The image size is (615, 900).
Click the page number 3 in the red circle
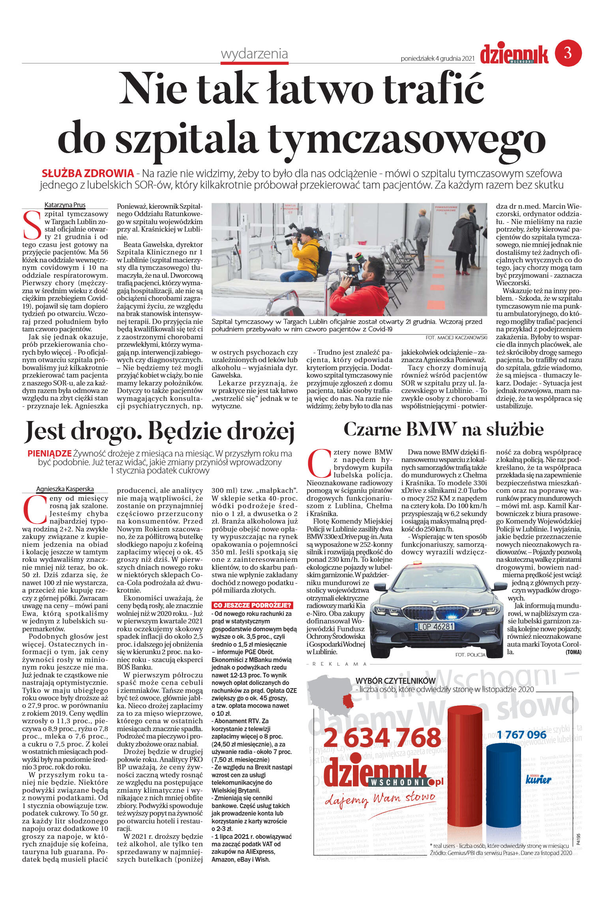[568, 52]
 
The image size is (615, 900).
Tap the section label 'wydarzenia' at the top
[254, 54]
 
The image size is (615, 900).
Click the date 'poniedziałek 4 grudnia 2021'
[437, 59]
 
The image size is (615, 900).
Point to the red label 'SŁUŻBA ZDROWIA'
[88, 173]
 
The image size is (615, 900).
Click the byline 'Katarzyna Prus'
[65, 205]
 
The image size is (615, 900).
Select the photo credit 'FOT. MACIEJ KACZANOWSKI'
[456, 338]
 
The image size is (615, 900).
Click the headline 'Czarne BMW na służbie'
[443, 429]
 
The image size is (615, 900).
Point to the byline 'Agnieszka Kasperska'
[65, 489]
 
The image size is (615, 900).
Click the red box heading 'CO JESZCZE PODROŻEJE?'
[252, 605]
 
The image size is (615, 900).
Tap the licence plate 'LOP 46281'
[436, 627]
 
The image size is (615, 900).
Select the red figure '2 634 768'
[382, 737]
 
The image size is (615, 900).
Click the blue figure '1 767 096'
[521, 735]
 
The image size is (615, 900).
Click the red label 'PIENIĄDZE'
[49, 453]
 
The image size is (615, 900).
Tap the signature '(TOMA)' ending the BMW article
[573, 652]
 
